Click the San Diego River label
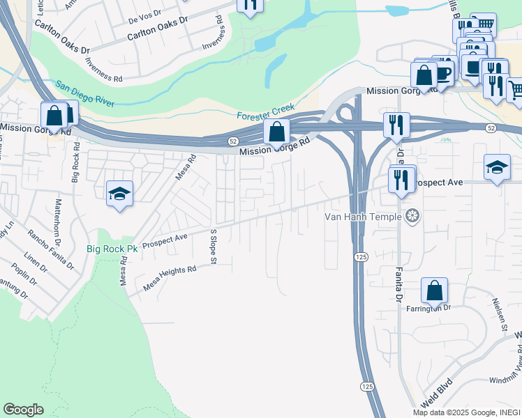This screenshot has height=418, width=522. click(84, 95)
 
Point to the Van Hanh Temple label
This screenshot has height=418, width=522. click(364, 216)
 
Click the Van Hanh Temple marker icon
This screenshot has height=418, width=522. click(412, 216)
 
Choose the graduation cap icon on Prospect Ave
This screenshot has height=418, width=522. click(496, 167)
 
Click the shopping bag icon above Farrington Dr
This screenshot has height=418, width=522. click(434, 291)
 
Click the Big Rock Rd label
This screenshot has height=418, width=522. click(75, 162)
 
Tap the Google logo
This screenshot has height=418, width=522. click(24, 410)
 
